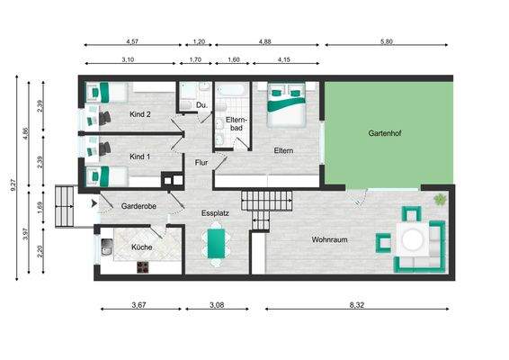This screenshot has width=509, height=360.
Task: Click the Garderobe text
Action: tap(139, 206)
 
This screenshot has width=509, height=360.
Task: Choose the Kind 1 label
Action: tap(139, 157)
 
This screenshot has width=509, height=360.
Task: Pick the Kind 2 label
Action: tap(139, 114)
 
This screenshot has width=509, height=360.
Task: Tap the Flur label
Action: tap(201, 163)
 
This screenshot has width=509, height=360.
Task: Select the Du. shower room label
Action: tap(201, 105)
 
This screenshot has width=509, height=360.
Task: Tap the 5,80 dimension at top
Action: tap(387, 41)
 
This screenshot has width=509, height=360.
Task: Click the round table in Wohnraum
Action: tap(415, 239)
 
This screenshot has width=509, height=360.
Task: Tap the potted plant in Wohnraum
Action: tap(440, 199)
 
